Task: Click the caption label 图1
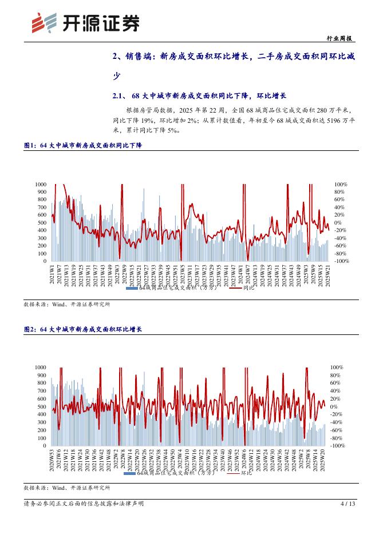coord(29,146)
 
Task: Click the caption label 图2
coord(29,329)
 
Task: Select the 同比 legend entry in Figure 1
coord(248,288)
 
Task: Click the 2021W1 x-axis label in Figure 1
coord(52,274)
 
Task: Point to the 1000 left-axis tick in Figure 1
coord(41,184)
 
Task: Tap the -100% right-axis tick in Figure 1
coord(341,261)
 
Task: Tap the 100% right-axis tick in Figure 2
coord(338,367)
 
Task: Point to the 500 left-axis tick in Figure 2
coord(42,406)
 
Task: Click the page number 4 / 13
coord(348,504)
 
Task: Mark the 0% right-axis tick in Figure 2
coord(335,406)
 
